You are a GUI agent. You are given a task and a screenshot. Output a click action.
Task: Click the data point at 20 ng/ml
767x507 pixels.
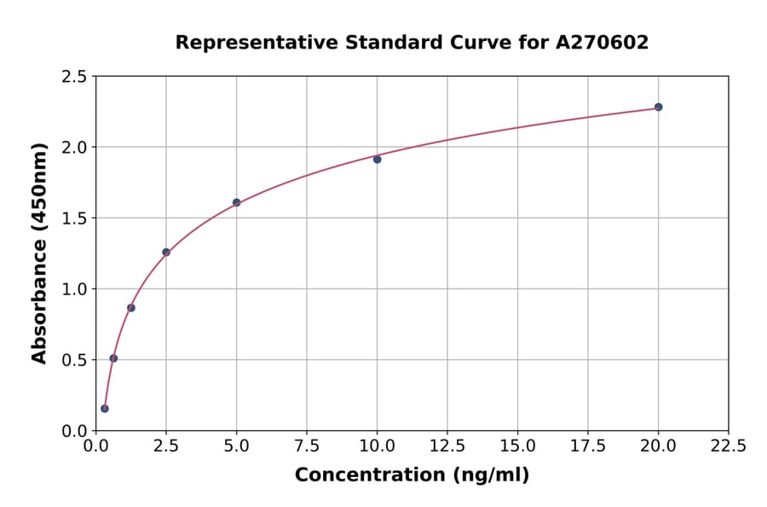click(x=658, y=107)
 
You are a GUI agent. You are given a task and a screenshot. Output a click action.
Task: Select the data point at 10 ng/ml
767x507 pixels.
click(x=377, y=159)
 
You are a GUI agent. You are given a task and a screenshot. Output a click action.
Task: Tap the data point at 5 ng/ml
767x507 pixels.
click(x=236, y=202)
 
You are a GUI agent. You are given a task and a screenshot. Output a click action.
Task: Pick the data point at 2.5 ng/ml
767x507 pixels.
click(x=166, y=252)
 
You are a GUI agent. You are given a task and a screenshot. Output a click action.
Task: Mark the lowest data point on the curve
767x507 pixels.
click(x=105, y=408)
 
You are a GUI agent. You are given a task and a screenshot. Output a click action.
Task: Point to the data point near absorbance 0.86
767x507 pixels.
click(x=131, y=307)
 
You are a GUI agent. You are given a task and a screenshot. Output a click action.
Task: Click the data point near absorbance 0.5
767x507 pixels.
click(x=113, y=358)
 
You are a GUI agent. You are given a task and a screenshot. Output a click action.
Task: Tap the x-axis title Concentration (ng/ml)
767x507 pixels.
click(x=412, y=475)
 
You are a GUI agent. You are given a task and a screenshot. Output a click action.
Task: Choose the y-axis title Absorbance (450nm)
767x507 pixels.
click(x=39, y=253)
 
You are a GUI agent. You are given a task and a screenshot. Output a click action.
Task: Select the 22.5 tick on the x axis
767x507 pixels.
click(x=728, y=446)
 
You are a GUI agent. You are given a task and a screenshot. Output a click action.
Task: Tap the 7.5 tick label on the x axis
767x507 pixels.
click(x=307, y=446)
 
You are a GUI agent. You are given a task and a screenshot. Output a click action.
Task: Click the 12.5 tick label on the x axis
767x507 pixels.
click(x=447, y=446)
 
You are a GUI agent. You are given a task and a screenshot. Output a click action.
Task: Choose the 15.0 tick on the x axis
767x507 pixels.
click(x=517, y=446)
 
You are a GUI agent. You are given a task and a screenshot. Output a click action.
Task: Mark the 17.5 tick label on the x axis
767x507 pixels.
click(x=588, y=446)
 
